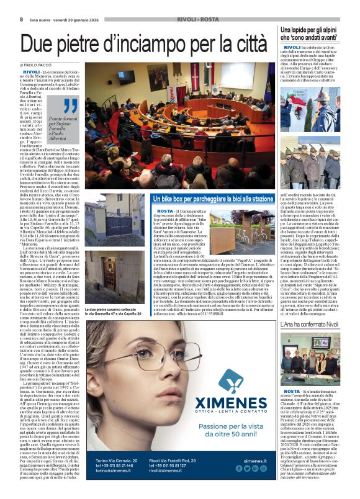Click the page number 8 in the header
coord(22,20)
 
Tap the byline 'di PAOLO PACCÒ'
coord(38,65)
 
